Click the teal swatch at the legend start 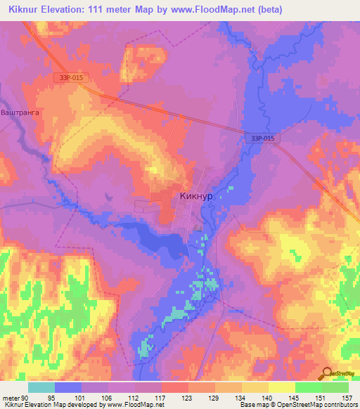tap(41, 387)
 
